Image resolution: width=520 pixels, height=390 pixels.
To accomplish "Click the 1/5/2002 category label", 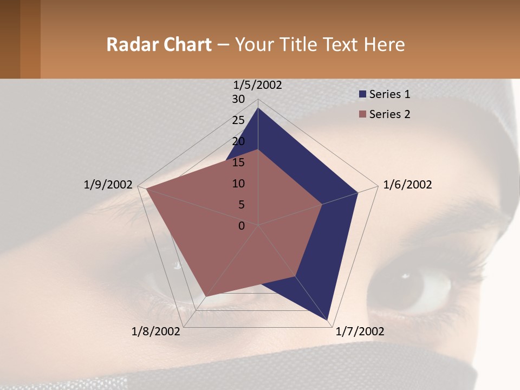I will [258, 85].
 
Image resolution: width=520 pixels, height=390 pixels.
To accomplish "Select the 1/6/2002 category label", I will [407, 185].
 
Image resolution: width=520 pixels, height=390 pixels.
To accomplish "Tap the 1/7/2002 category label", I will [360, 331].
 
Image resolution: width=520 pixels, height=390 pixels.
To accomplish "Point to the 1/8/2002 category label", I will [156, 331].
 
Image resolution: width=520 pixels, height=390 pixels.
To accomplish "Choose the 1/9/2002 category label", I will [108, 185].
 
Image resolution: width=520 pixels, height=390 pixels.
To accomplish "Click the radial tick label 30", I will [238, 99].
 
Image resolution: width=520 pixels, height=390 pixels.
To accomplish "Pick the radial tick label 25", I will [238, 120].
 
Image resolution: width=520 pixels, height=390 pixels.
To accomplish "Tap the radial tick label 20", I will [238, 141].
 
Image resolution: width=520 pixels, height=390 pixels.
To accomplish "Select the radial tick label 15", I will [238, 162].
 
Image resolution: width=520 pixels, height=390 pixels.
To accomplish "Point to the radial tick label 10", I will [238, 184].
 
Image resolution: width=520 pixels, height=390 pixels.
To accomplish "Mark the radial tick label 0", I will [242, 226].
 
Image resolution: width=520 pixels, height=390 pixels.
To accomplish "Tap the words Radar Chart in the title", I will [159, 44].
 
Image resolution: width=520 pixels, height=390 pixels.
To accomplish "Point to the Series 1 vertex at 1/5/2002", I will [258, 108].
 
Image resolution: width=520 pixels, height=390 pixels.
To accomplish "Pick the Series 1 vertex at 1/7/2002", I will [328, 321].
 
